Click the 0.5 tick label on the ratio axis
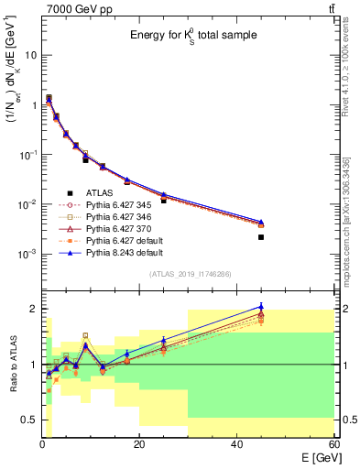click(27, 420)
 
